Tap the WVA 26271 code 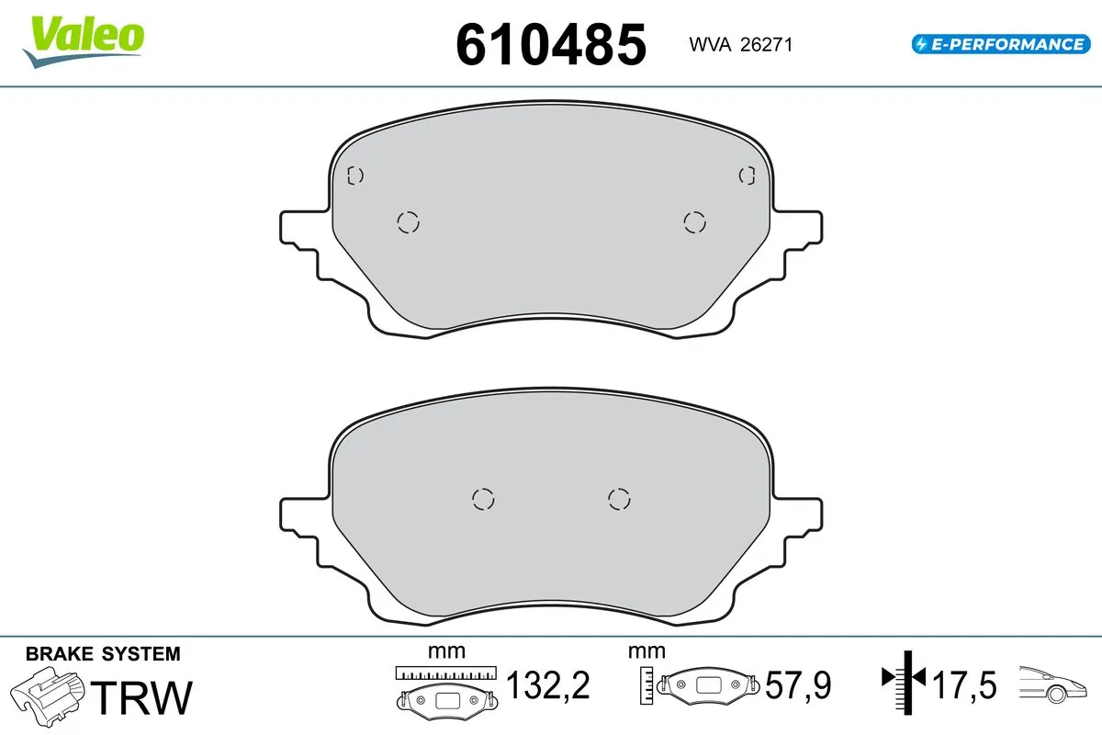pos(734,44)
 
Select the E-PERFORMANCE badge pos(999,43)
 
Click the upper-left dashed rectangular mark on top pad pos(356,175)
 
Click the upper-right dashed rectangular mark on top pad pos(748,175)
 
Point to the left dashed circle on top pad pos(408,221)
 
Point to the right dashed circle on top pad pos(695,221)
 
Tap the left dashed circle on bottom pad pos(483,498)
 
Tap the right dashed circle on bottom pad pos(619,498)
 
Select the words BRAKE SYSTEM pos(103,654)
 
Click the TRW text pos(145,697)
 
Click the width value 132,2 pos(547,685)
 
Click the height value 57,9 pos(798,685)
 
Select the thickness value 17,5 pos(963,685)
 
